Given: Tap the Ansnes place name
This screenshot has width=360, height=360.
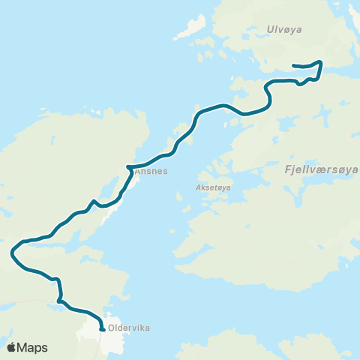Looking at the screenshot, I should click(x=151, y=171).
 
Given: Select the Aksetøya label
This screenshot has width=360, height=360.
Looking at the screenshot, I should click(x=212, y=188).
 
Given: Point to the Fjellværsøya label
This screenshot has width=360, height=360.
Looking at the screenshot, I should click(x=322, y=170).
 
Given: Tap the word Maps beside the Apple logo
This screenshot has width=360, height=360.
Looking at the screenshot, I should click(x=32, y=348).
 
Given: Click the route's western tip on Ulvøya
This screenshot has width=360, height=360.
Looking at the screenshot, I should click(x=292, y=65).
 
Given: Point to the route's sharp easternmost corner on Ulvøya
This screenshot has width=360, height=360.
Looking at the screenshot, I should click(x=322, y=62).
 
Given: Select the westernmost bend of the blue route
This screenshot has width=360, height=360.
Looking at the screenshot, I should click(x=12, y=253).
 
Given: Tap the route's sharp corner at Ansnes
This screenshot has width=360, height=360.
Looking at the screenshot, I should click(x=128, y=166).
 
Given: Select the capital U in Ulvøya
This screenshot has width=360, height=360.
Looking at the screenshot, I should click(x=270, y=29).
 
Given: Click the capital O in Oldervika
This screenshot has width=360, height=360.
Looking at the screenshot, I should click(x=112, y=328).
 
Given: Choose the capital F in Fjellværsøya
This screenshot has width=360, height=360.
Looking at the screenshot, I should click(x=289, y=170).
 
